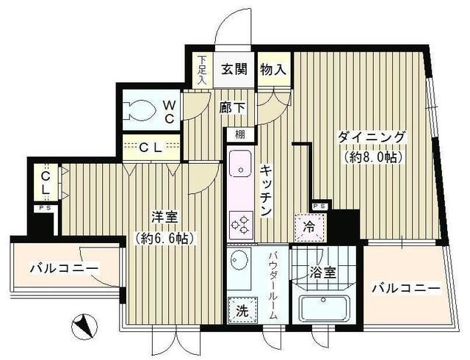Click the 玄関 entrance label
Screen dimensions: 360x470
pyautogui.click(x=235, y=71)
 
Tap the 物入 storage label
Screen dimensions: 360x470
pyautogui.click(x=272, y=71)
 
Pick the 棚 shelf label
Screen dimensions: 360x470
pyautogui.click(x=240, y=135)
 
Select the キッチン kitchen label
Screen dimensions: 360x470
pyautogui.click(x=266, y=190)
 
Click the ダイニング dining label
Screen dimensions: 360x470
pyautogui.click(x=372, y=137)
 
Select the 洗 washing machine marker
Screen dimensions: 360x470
pyautogui.click(x=241, y=311)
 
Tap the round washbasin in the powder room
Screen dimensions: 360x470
pyautogui.click(x=239, y=259)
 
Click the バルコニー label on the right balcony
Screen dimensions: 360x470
pyautogui.click(x=405, y=287)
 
